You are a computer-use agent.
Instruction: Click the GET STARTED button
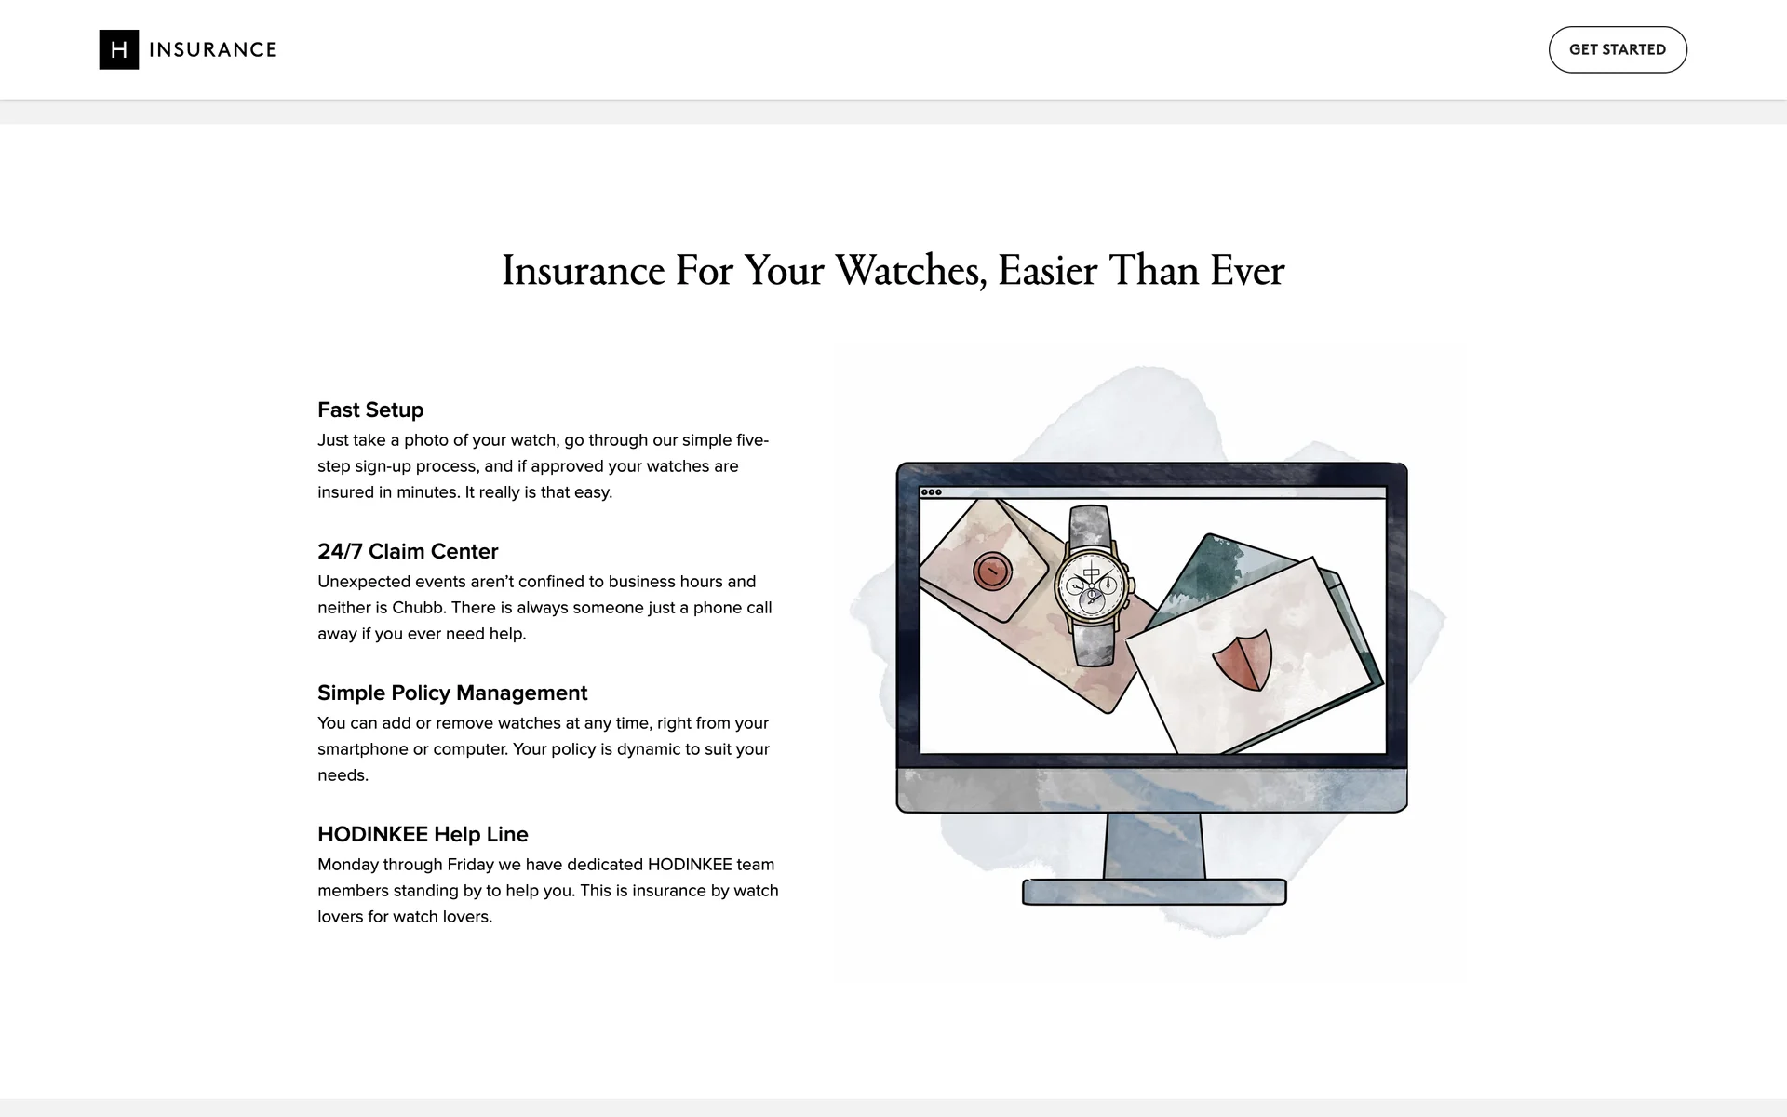click(1618, 49)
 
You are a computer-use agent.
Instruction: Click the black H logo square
click(119, 49)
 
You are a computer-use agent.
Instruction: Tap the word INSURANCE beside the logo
click(213, 49)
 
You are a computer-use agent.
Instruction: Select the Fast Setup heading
click(370, 410)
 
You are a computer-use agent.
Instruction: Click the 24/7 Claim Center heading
click(408, 551)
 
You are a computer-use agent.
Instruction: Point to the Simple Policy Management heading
click(452, 693)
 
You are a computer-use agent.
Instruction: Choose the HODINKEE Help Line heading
click(423, 834)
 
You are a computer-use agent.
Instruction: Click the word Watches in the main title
click(911, 271)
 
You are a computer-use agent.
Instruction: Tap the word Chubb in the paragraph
click(416, 608)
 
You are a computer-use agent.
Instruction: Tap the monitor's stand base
click(1154, 892)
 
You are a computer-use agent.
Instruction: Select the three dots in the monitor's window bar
click(931, 492)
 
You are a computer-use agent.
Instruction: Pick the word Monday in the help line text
click(348, 865)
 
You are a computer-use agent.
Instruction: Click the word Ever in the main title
click(1247, 271)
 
